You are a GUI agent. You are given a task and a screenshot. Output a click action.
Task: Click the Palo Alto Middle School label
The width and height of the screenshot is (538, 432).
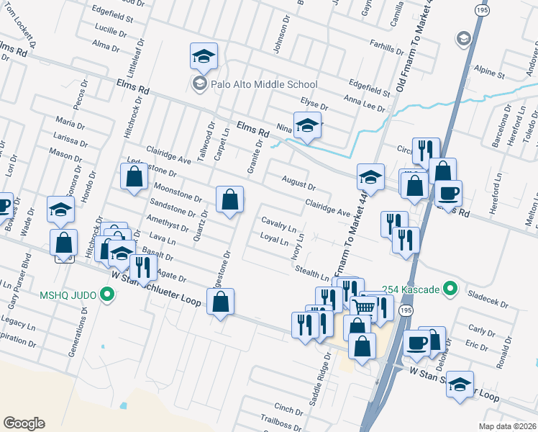263,84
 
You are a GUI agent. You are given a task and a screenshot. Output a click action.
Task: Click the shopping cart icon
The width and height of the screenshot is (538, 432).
366,307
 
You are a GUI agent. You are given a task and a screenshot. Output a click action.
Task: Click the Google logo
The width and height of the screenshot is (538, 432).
24,423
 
